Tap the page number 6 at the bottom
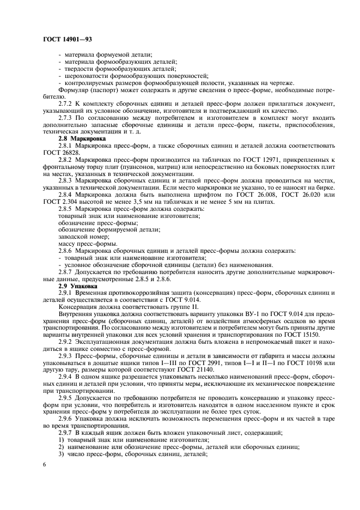pos(44,464)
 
